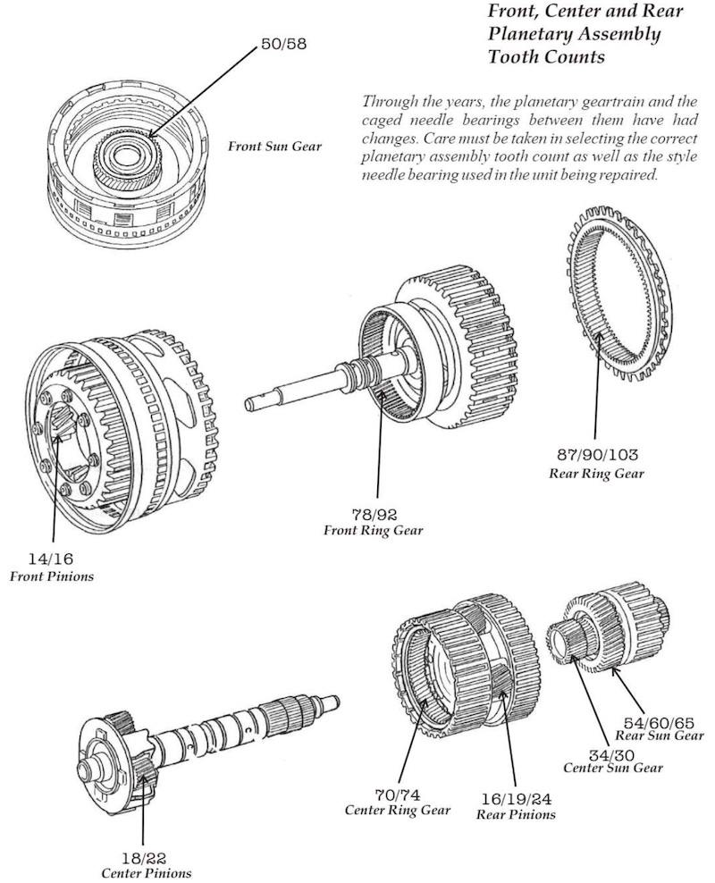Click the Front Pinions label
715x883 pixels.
(x=51, y=576)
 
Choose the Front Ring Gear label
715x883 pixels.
(x=373, y=531)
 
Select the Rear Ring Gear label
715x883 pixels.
(x=595, y=473)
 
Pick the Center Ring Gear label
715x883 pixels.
(x=397, y=810)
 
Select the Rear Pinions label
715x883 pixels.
(x=515, y=814)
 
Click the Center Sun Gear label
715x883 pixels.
(x=612, y=769)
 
